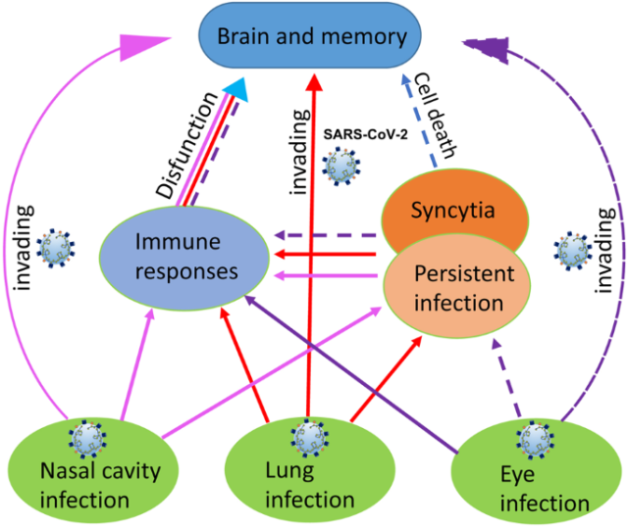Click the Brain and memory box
pos(311,38)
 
